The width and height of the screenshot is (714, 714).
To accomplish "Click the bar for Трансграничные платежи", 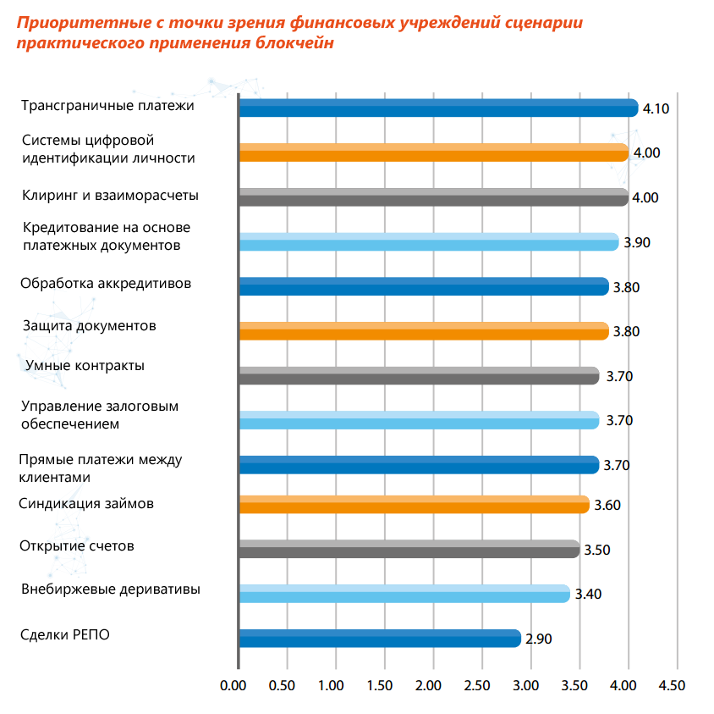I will pos(438,108).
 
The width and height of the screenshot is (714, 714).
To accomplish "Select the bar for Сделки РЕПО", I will pos(380,639).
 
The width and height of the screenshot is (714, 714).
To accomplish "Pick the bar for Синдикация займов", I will pos(414,505).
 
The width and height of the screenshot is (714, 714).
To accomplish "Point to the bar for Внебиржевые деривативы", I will pos(404,594).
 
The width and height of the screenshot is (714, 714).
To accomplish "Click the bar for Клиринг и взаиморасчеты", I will pos(433,197).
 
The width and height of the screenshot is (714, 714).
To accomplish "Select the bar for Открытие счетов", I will pos(409,550).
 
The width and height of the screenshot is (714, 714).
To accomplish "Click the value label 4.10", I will pos(656,108).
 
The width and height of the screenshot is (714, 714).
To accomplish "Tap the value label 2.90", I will pos(538,639).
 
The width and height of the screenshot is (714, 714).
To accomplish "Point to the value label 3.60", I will pos(607,506).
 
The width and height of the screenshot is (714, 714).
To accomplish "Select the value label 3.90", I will pos(637,242).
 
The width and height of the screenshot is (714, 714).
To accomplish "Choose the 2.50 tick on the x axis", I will pos(477,684).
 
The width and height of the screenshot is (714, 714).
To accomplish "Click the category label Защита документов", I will pos(89,325).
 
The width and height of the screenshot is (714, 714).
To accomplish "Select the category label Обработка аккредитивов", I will pos(106,283).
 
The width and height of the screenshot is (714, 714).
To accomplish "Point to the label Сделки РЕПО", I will pos(65,635).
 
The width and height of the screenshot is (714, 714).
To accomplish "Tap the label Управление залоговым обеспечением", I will pos(99,415).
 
